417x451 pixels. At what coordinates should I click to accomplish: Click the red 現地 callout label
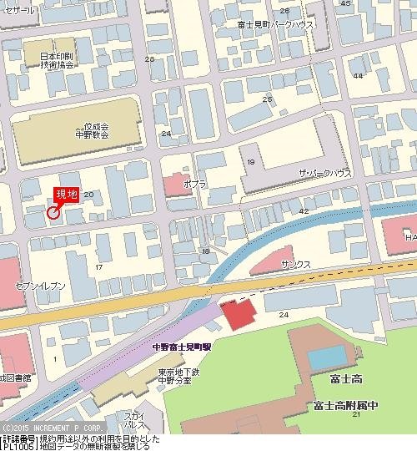[66, 195]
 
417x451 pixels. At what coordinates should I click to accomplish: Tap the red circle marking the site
[53, 212]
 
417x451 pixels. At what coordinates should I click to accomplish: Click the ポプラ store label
[194, 181]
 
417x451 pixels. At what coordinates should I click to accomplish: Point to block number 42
[304, 212]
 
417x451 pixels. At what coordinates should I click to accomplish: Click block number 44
[358, 76]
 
